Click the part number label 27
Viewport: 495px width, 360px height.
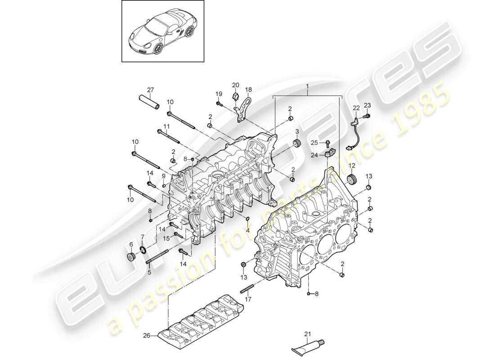tap(150, 89)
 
